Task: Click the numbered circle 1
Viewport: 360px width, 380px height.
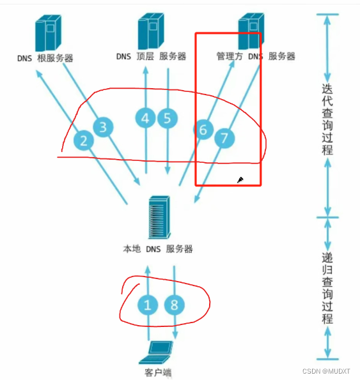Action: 148,305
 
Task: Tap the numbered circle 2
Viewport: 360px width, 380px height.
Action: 84,141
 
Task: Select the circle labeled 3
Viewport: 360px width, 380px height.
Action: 103,127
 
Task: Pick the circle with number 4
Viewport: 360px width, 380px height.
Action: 145,118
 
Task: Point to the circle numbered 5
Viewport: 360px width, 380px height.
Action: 168,118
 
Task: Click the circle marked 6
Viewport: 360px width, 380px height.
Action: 203,130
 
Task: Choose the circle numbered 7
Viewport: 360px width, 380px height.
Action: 224,138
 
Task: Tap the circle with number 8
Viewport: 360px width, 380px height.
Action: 175,305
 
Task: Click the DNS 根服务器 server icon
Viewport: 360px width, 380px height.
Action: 48,33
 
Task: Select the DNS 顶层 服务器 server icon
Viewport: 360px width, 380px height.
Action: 151,31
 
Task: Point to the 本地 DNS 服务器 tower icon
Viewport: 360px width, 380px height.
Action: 159,217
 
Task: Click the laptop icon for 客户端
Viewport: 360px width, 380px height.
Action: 156,353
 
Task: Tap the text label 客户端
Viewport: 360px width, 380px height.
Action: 158,372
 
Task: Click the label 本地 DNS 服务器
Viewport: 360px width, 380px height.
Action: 158,249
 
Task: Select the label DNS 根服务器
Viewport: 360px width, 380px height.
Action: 45,58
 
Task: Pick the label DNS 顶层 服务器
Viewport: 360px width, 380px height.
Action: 151,56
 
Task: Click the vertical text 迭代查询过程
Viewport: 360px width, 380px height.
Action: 327,119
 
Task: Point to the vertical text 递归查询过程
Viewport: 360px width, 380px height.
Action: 327,288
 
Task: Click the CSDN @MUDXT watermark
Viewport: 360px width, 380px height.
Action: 326,371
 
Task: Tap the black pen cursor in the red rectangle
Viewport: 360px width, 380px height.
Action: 240,180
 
